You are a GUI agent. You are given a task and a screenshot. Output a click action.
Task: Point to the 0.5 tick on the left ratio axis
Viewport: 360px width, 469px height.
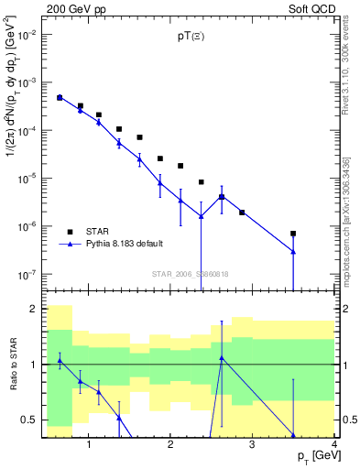click(29, 420)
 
